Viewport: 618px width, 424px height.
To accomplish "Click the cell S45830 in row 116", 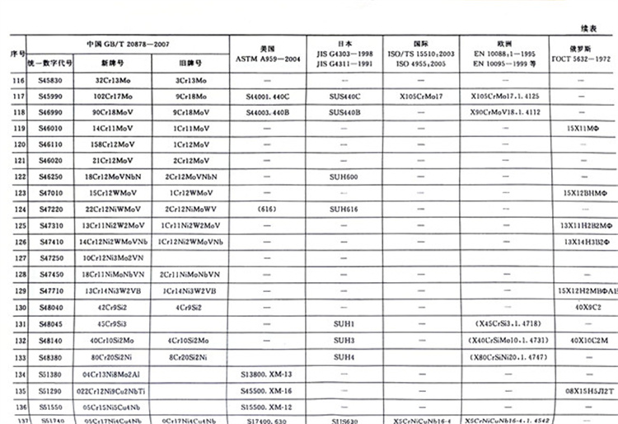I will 49,81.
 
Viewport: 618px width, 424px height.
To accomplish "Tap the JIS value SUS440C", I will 344,97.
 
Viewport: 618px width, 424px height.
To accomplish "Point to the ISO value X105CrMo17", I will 421,97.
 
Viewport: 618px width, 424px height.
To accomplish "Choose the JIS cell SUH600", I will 344,177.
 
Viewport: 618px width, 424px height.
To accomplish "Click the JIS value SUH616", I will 344,209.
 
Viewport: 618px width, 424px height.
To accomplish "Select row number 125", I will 19,225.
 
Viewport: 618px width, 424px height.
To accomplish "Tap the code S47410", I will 49,242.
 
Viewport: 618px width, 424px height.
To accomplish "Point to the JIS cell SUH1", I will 344,322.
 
